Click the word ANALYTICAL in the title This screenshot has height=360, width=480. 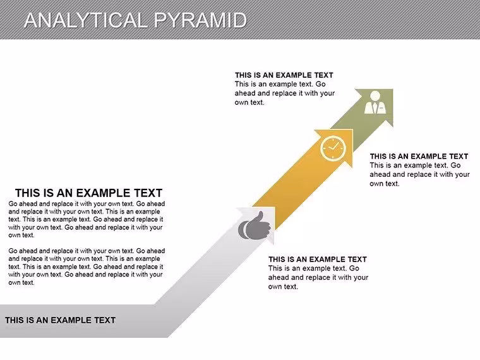tap(86, 20)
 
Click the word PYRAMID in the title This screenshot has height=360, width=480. tap(200, 20)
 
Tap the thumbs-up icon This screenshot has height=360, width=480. tap(255, 225)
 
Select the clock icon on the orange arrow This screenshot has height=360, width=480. tap(333, 148)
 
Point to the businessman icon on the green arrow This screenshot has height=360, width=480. tap(375, 102)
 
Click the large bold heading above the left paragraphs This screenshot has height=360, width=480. tap(88, 193)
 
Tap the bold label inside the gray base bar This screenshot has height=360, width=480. tap(60, 320)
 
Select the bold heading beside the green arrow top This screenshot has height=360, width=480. tap(284, 75)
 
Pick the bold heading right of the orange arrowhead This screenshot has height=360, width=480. tap(419, 156)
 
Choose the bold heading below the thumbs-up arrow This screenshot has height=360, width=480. tap(318, 260)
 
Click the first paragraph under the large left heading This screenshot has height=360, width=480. tap(87, 219)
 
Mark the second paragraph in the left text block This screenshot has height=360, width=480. tap(87, 267)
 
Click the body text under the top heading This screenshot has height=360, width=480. tap(285, 93)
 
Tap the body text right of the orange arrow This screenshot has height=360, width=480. tap(420, 174)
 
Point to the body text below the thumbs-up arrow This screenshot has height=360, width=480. tap(318, 277)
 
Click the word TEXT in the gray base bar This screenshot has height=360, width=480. tap(105, 320)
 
